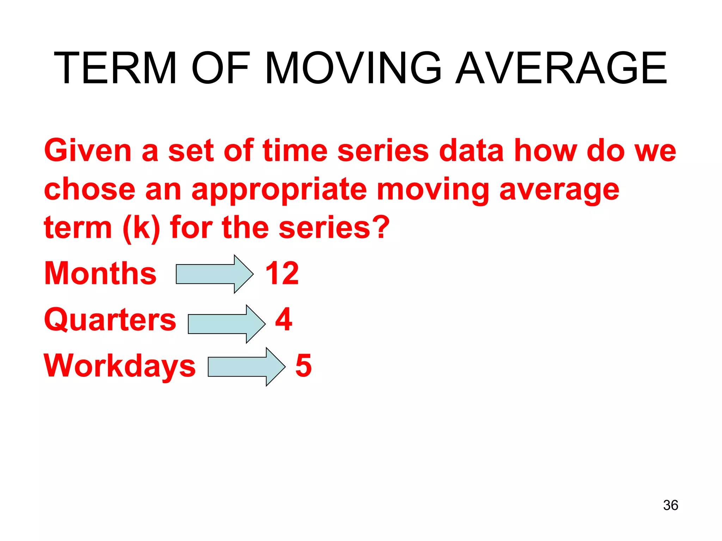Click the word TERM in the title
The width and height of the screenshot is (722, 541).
115,68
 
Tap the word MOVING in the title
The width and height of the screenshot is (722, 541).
353,68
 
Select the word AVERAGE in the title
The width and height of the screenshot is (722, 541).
561,68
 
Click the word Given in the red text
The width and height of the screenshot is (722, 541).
88,151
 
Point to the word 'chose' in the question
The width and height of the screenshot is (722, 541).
90,189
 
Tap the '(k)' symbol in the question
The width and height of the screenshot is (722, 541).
141,228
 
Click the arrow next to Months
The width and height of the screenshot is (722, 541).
214,274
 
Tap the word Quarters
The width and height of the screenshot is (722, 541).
110,320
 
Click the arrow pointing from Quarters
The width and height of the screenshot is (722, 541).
226,324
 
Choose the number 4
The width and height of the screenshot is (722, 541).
284,319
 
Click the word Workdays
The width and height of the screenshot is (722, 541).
120,366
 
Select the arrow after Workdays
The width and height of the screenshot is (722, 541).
246,367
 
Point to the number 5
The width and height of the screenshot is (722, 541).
304,366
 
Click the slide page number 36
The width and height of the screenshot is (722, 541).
670,505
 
